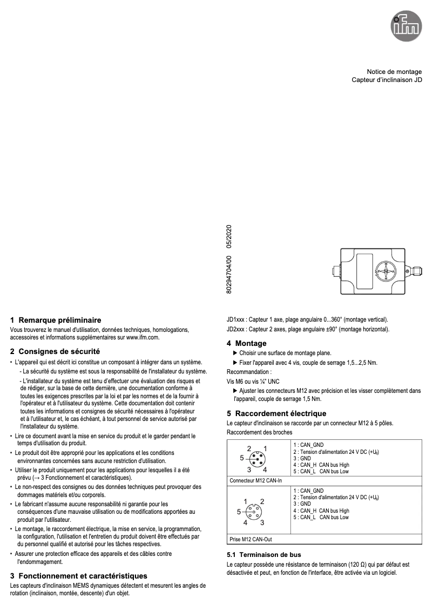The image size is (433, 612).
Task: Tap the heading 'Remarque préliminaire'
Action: click(60, 320)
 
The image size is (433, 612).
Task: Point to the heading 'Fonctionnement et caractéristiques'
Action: click(83, 576)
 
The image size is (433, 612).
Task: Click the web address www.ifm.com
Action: click(143, 337)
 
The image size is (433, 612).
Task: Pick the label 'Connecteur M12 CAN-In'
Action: click(255, 480)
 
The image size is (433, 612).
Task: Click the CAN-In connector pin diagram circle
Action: click(257, 459)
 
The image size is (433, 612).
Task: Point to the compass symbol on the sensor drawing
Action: click(387, 270)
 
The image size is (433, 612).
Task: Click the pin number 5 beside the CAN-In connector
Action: click(242, 458)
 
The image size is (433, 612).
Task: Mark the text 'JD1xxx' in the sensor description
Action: click(236, 319)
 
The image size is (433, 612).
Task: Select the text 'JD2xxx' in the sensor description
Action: click(236, 329)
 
